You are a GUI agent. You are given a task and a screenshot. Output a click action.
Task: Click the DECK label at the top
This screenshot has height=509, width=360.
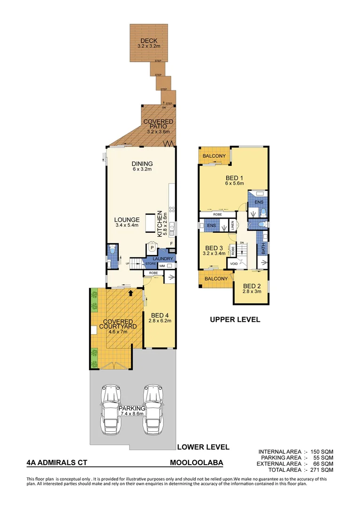[148, 41]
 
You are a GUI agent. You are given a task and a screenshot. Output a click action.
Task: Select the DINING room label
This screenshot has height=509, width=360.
[142, 164]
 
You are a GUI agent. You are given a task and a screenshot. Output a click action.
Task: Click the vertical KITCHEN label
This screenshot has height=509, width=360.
[160, 223]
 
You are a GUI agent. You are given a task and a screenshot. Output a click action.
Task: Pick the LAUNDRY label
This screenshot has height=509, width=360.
[165, 259]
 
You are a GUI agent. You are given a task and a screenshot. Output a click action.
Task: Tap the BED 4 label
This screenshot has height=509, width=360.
[160, 315]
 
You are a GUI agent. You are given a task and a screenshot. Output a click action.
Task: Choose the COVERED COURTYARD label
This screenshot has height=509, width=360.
[120, 324]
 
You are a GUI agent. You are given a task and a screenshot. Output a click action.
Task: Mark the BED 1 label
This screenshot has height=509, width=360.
[234, 178]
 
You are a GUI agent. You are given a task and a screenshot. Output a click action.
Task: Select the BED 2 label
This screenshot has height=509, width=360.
[251, 286]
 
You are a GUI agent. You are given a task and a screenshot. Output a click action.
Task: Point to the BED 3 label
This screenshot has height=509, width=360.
[213, 248]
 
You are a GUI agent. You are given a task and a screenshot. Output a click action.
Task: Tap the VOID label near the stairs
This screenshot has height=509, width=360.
[234, 264]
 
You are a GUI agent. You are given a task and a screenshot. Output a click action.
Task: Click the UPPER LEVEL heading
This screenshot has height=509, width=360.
[235, 319]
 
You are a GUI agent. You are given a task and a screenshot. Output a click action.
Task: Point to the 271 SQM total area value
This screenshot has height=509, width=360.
[323, 470]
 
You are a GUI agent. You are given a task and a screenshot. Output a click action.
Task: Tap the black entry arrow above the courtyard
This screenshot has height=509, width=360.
[131, 293]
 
